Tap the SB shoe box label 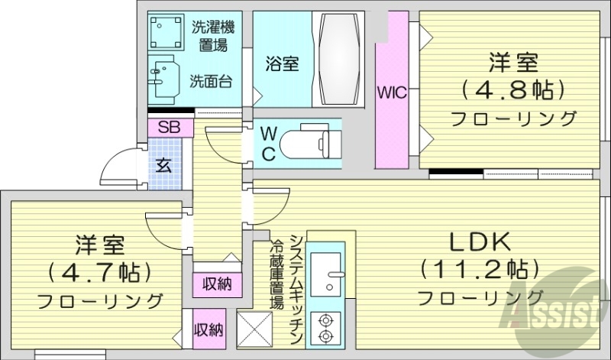pyautogui.click(x=170, y=128)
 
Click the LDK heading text pyautogui.click(x=478, y=242)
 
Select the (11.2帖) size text pyautogui.click(x=479, y=269)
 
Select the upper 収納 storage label pyautogui.click(x=217, y=284)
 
